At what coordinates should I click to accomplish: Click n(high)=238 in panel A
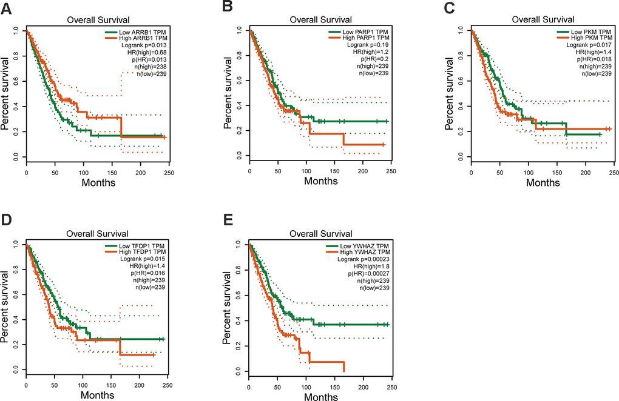click(x=149, y=66)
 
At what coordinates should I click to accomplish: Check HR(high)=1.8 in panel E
click(x=368, y=266)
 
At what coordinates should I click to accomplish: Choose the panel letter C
click(x=451, y=8)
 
